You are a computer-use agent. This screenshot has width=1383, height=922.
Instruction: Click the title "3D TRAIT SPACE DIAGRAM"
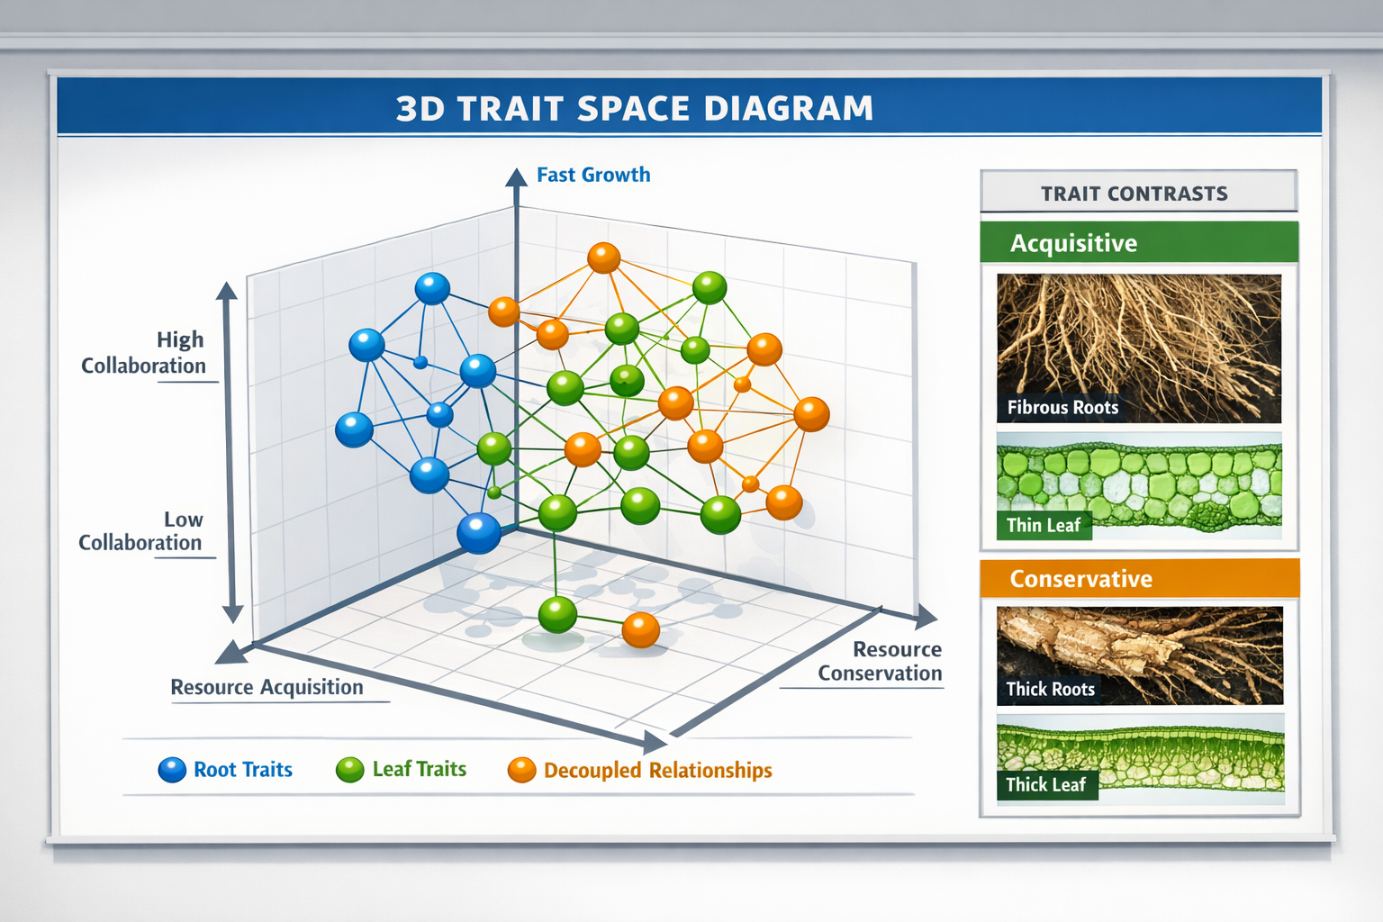tap(635, 108)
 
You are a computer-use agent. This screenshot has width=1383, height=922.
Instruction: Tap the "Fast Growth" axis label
tap(593, 175)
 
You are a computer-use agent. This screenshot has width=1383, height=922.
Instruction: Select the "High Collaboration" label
tap(144, 353)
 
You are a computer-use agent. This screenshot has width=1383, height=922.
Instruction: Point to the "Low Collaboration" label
tap(140, 531)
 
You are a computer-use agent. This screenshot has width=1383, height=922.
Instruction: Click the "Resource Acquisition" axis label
tap(267, 687)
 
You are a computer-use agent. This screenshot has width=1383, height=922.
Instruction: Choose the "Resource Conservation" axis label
tap(880, 661)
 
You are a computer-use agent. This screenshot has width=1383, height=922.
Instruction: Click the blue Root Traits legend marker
tap(172, 770)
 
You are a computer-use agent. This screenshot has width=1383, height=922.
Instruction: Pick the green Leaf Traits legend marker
tap(349, 770)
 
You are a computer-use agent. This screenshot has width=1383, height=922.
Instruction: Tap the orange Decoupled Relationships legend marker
tap(521, 770)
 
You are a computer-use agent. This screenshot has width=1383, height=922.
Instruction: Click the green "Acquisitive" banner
tap(1138, 243)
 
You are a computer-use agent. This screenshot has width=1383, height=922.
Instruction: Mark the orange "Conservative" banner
tap(1138, 578)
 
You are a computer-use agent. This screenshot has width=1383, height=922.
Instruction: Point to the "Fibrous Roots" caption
tap(1062, 408)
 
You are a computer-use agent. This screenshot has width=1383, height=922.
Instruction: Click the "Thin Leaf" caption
tap(1044, 525)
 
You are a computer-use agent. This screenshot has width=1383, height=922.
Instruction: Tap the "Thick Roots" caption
tap(1050, 689)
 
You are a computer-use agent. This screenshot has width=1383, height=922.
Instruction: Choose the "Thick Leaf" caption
tap(1046, 784)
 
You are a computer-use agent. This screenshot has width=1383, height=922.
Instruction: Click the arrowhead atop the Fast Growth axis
tap(516, 176)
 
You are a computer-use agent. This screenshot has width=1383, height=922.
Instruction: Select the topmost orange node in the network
tap(603, 258)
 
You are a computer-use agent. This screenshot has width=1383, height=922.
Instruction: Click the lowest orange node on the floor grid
tap(640, 629)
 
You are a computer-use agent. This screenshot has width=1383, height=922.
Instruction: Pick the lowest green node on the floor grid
tap(557, 615)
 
